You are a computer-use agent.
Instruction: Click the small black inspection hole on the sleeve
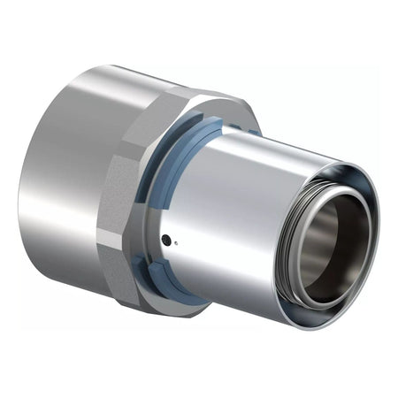165,240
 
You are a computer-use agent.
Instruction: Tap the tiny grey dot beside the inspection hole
175,242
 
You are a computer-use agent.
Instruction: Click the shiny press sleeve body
239,221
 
